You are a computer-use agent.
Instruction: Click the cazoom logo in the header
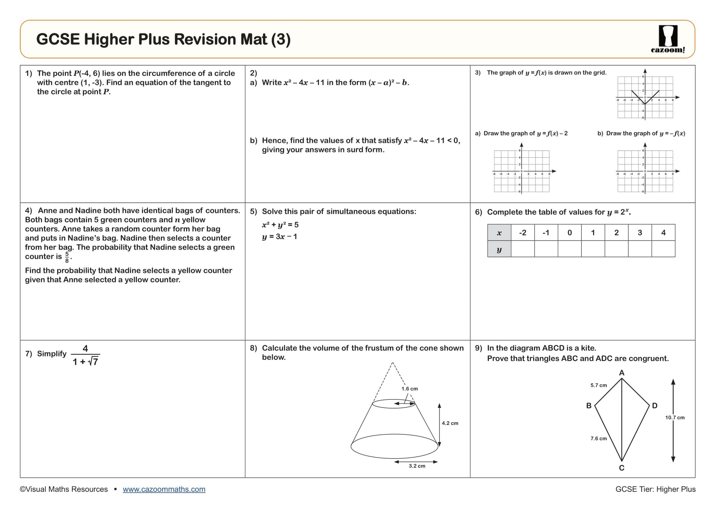pos(668,39)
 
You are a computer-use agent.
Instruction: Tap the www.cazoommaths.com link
pos(164,489)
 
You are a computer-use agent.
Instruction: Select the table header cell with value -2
pos(523,233)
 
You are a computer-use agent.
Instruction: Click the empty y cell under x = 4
pos(663,249)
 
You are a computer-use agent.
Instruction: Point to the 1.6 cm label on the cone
pos(409,389)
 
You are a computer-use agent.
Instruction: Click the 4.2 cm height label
pos(450,423)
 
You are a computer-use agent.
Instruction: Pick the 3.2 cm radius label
pos(417,466)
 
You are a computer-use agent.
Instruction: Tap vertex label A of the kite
pos(622,373)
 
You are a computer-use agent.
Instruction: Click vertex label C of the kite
pos(622,468)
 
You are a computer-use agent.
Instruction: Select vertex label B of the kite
pos(589,406)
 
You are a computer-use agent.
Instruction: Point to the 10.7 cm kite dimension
pos(675,418)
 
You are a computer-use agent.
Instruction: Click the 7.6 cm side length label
pos(599,439)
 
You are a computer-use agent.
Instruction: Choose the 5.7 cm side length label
pos(599,385)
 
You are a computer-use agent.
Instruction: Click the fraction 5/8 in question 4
pos(67,257)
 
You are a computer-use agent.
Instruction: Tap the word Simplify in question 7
pos(52,354)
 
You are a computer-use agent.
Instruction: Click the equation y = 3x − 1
pos(280,237)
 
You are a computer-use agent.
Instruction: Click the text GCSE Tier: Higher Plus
pos(656,489)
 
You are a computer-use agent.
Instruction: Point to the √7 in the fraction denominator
pos(93,362)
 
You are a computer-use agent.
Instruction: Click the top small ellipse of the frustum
pos(394,404)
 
